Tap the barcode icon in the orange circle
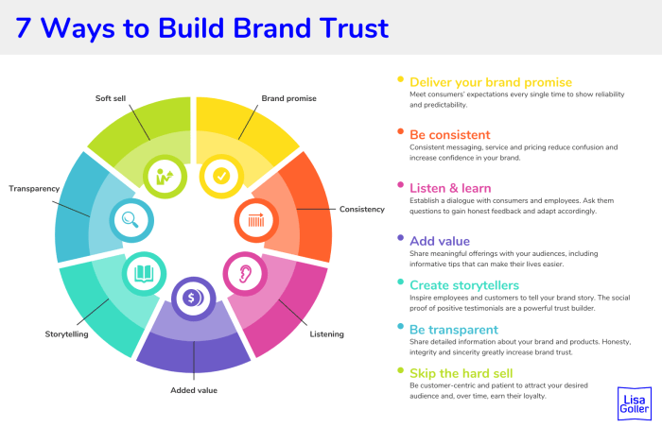click(x=255, y=221)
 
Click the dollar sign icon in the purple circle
click(x=193, y=298)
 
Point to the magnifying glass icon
click(x=131, y=222)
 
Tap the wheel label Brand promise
click(x=288, y=97)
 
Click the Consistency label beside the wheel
click(x=362, y=209)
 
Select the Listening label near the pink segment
click(x=327, y=333)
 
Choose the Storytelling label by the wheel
click(x=68, y=333)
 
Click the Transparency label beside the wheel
click(x=35, y=189)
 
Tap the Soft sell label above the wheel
click(x=115, y=97)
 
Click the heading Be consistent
click(x=449, y=134)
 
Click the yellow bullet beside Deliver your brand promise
click(x=401, y=79)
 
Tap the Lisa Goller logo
click(x=633, y=401)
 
